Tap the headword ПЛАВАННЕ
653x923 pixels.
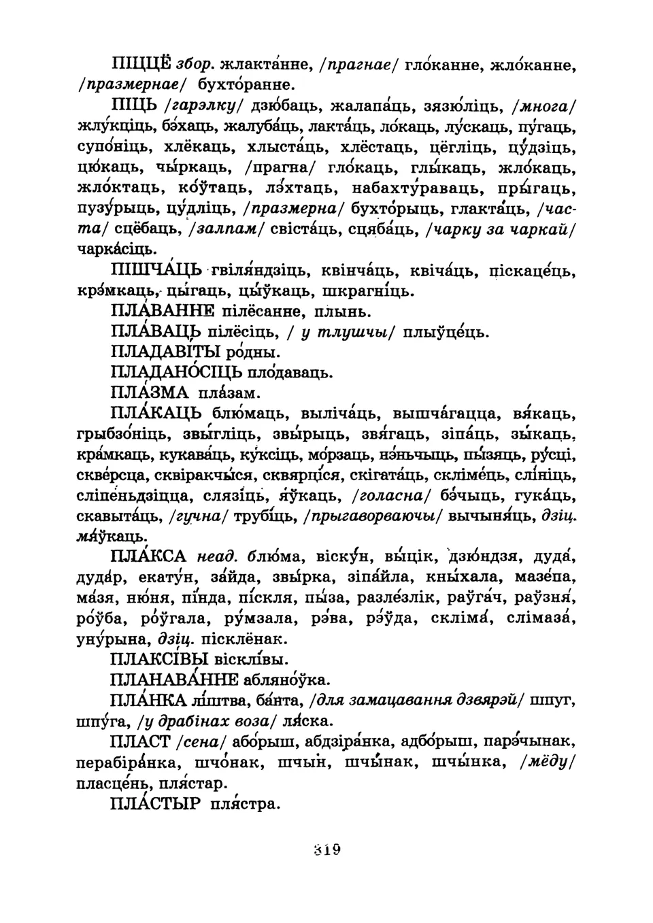(x=161, y=312)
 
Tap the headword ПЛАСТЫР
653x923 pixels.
(x=155, y=804)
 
